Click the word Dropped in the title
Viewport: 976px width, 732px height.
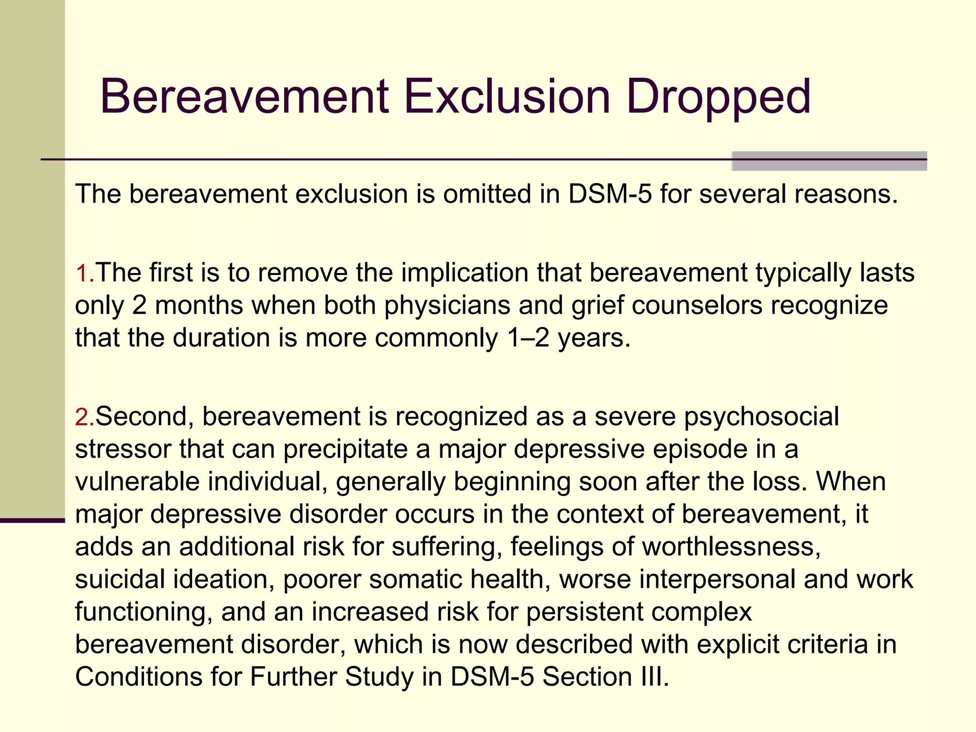(718, 98)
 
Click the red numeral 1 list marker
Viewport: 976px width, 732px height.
(82, 274)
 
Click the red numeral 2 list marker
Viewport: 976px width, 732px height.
(82, 417)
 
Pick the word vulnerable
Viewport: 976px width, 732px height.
(137, 482)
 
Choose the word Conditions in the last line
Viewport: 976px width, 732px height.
(139, 677)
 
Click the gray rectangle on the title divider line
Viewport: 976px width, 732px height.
(829, 161)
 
